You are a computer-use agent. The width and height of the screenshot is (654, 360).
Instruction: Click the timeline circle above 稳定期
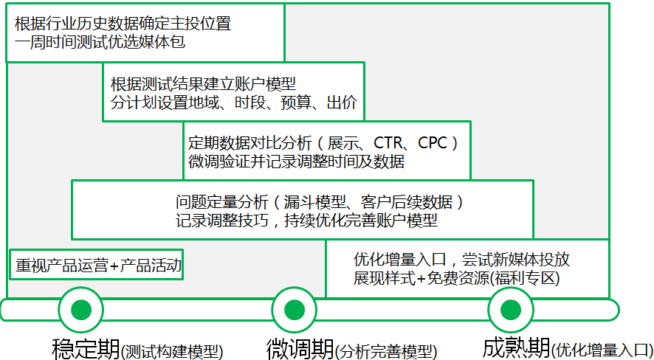click(x=81, y=310)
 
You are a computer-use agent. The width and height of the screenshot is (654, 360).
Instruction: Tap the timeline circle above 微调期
click(x=295, y=310)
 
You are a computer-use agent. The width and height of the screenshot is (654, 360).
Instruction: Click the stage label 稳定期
click(x=85, y=347)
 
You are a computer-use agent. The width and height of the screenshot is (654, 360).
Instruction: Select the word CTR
click(x=390, y=142)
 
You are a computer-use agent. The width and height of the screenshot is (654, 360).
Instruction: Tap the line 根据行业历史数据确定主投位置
click(x=123, y=24)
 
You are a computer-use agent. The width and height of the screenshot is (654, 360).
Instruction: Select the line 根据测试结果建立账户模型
click(x=203, y=83)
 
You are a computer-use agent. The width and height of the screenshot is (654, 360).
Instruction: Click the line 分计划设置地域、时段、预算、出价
click(x=234, y=103)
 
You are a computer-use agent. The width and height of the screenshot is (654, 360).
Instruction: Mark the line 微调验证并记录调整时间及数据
click(x=296, y=162)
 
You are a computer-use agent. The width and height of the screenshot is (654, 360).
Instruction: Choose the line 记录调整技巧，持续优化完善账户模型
click(x=306, y=220)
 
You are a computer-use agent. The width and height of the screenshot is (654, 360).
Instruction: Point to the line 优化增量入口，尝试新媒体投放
click(x=461, y=260)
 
